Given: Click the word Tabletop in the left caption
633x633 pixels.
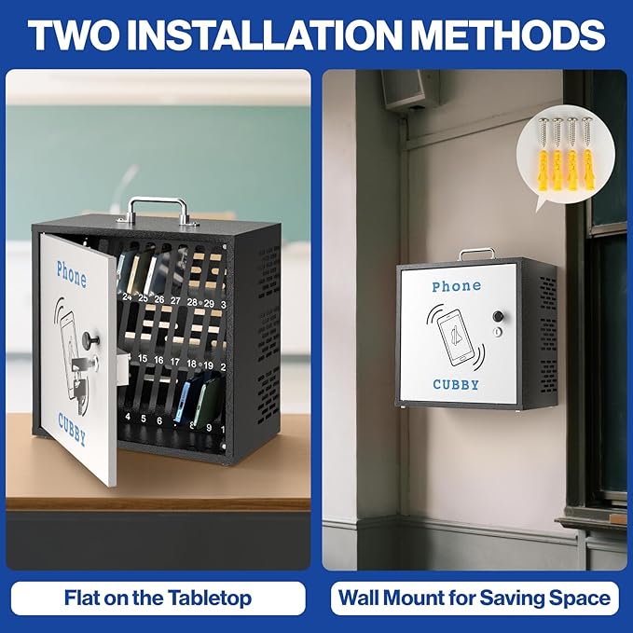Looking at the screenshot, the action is pos(210,598).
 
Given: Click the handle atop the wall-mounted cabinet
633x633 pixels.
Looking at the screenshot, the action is pos(476,254).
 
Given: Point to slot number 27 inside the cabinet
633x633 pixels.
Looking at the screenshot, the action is pos(175,301).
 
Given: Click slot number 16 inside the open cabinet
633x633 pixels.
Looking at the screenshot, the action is pos(158,360).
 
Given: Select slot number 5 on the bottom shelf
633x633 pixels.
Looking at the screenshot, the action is pos(144,419).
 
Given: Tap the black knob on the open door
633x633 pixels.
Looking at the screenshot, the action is pos(89,340).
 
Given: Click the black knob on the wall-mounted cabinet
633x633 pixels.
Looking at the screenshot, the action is pos(498,316).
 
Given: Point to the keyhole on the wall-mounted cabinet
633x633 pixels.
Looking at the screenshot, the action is pos(498,332).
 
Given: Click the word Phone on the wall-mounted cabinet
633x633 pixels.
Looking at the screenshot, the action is pos(457,286).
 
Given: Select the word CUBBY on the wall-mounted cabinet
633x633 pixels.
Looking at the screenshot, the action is pos(456,384).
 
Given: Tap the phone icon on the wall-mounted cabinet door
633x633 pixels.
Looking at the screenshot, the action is pos(456,337).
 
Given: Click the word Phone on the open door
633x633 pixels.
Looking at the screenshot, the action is pos(72,274).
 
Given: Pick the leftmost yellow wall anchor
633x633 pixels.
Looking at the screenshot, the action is pos(544,170).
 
